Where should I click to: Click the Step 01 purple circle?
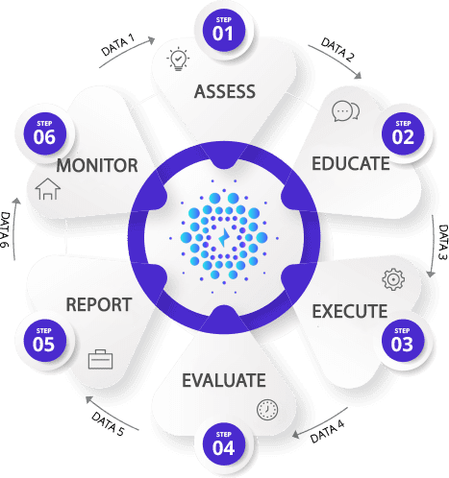[224, 30]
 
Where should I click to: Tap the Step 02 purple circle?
[403, 133]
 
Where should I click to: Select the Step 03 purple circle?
[403, 341]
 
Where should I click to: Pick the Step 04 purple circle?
[224, 444]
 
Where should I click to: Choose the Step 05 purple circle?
[44, 341]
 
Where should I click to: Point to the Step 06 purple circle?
[44, 133]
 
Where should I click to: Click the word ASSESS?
[225, 91]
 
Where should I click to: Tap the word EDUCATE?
[351, 163]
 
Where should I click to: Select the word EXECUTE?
[350, 311]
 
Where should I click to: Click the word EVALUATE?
[224, 380]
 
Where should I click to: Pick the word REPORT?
[99, 304]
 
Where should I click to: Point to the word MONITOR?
[97, 165]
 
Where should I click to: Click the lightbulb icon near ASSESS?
[178, 60]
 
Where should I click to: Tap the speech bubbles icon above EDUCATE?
[345, 111]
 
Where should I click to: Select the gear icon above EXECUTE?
[393, 279]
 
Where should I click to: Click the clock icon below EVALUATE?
[267, 410]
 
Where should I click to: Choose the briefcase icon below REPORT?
[100, 359]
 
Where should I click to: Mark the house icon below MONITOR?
[48, 189]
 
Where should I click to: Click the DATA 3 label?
[442, 242]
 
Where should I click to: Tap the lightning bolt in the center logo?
[223, 238]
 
